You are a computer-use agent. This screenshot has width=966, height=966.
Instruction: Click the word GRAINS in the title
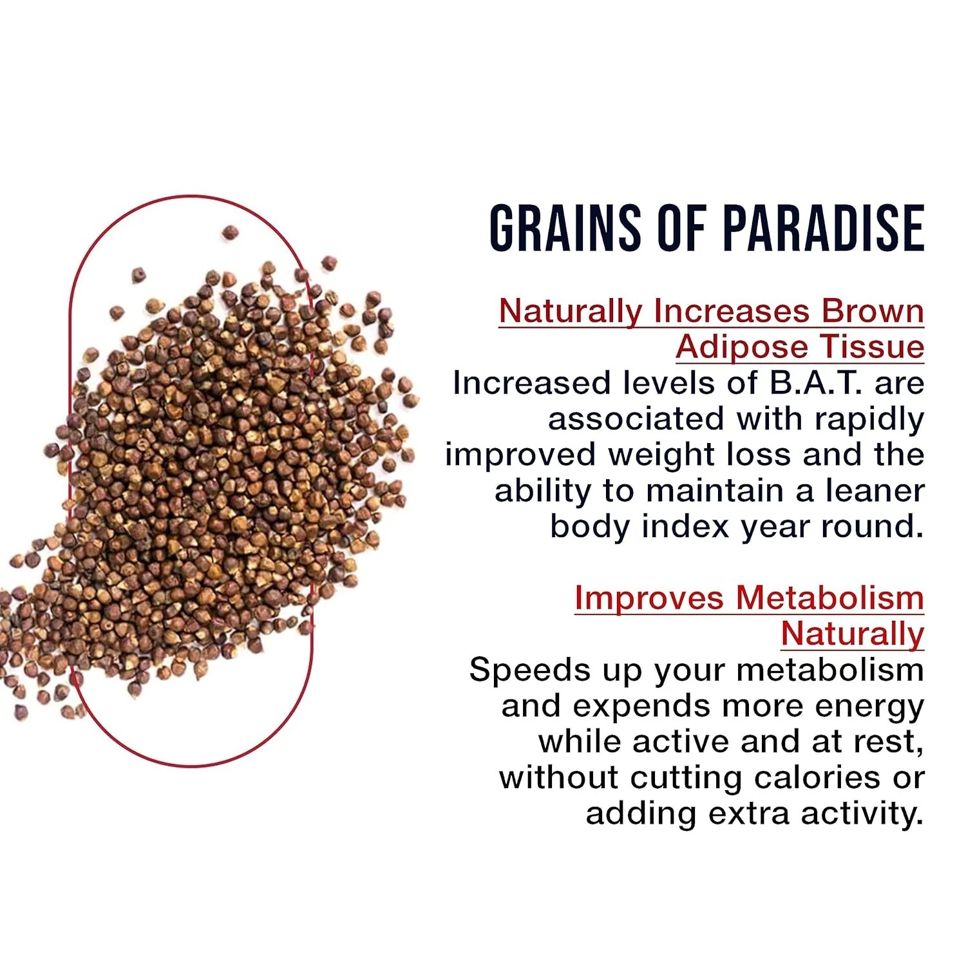click(x=565, y=228)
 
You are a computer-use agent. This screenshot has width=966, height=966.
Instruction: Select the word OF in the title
click(x=681, y=228)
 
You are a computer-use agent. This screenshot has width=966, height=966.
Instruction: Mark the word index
click(x=685, y=527)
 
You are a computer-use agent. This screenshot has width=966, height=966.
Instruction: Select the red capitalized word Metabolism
click(x=830, y=598)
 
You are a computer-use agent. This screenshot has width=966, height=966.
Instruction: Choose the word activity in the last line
click(x=862, y=815)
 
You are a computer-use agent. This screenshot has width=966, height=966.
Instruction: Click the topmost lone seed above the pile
click(x=230, y=232)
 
